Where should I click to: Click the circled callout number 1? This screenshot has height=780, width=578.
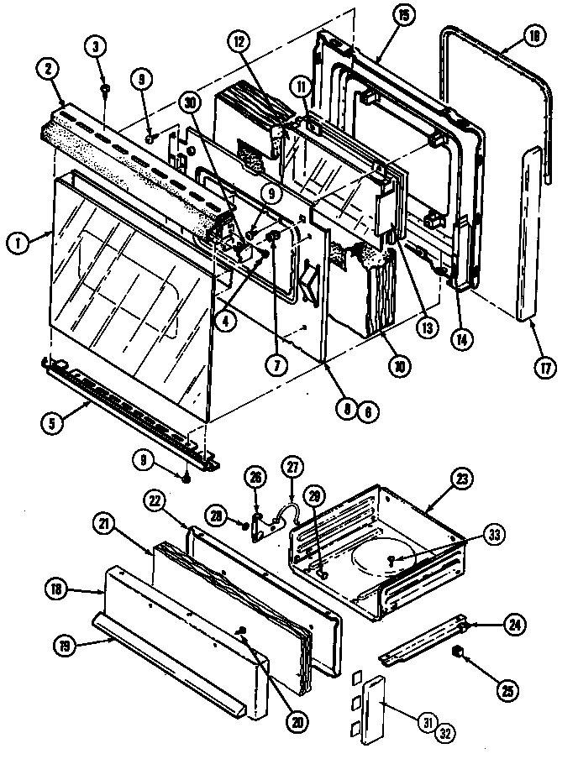click(x=15, y=245)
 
